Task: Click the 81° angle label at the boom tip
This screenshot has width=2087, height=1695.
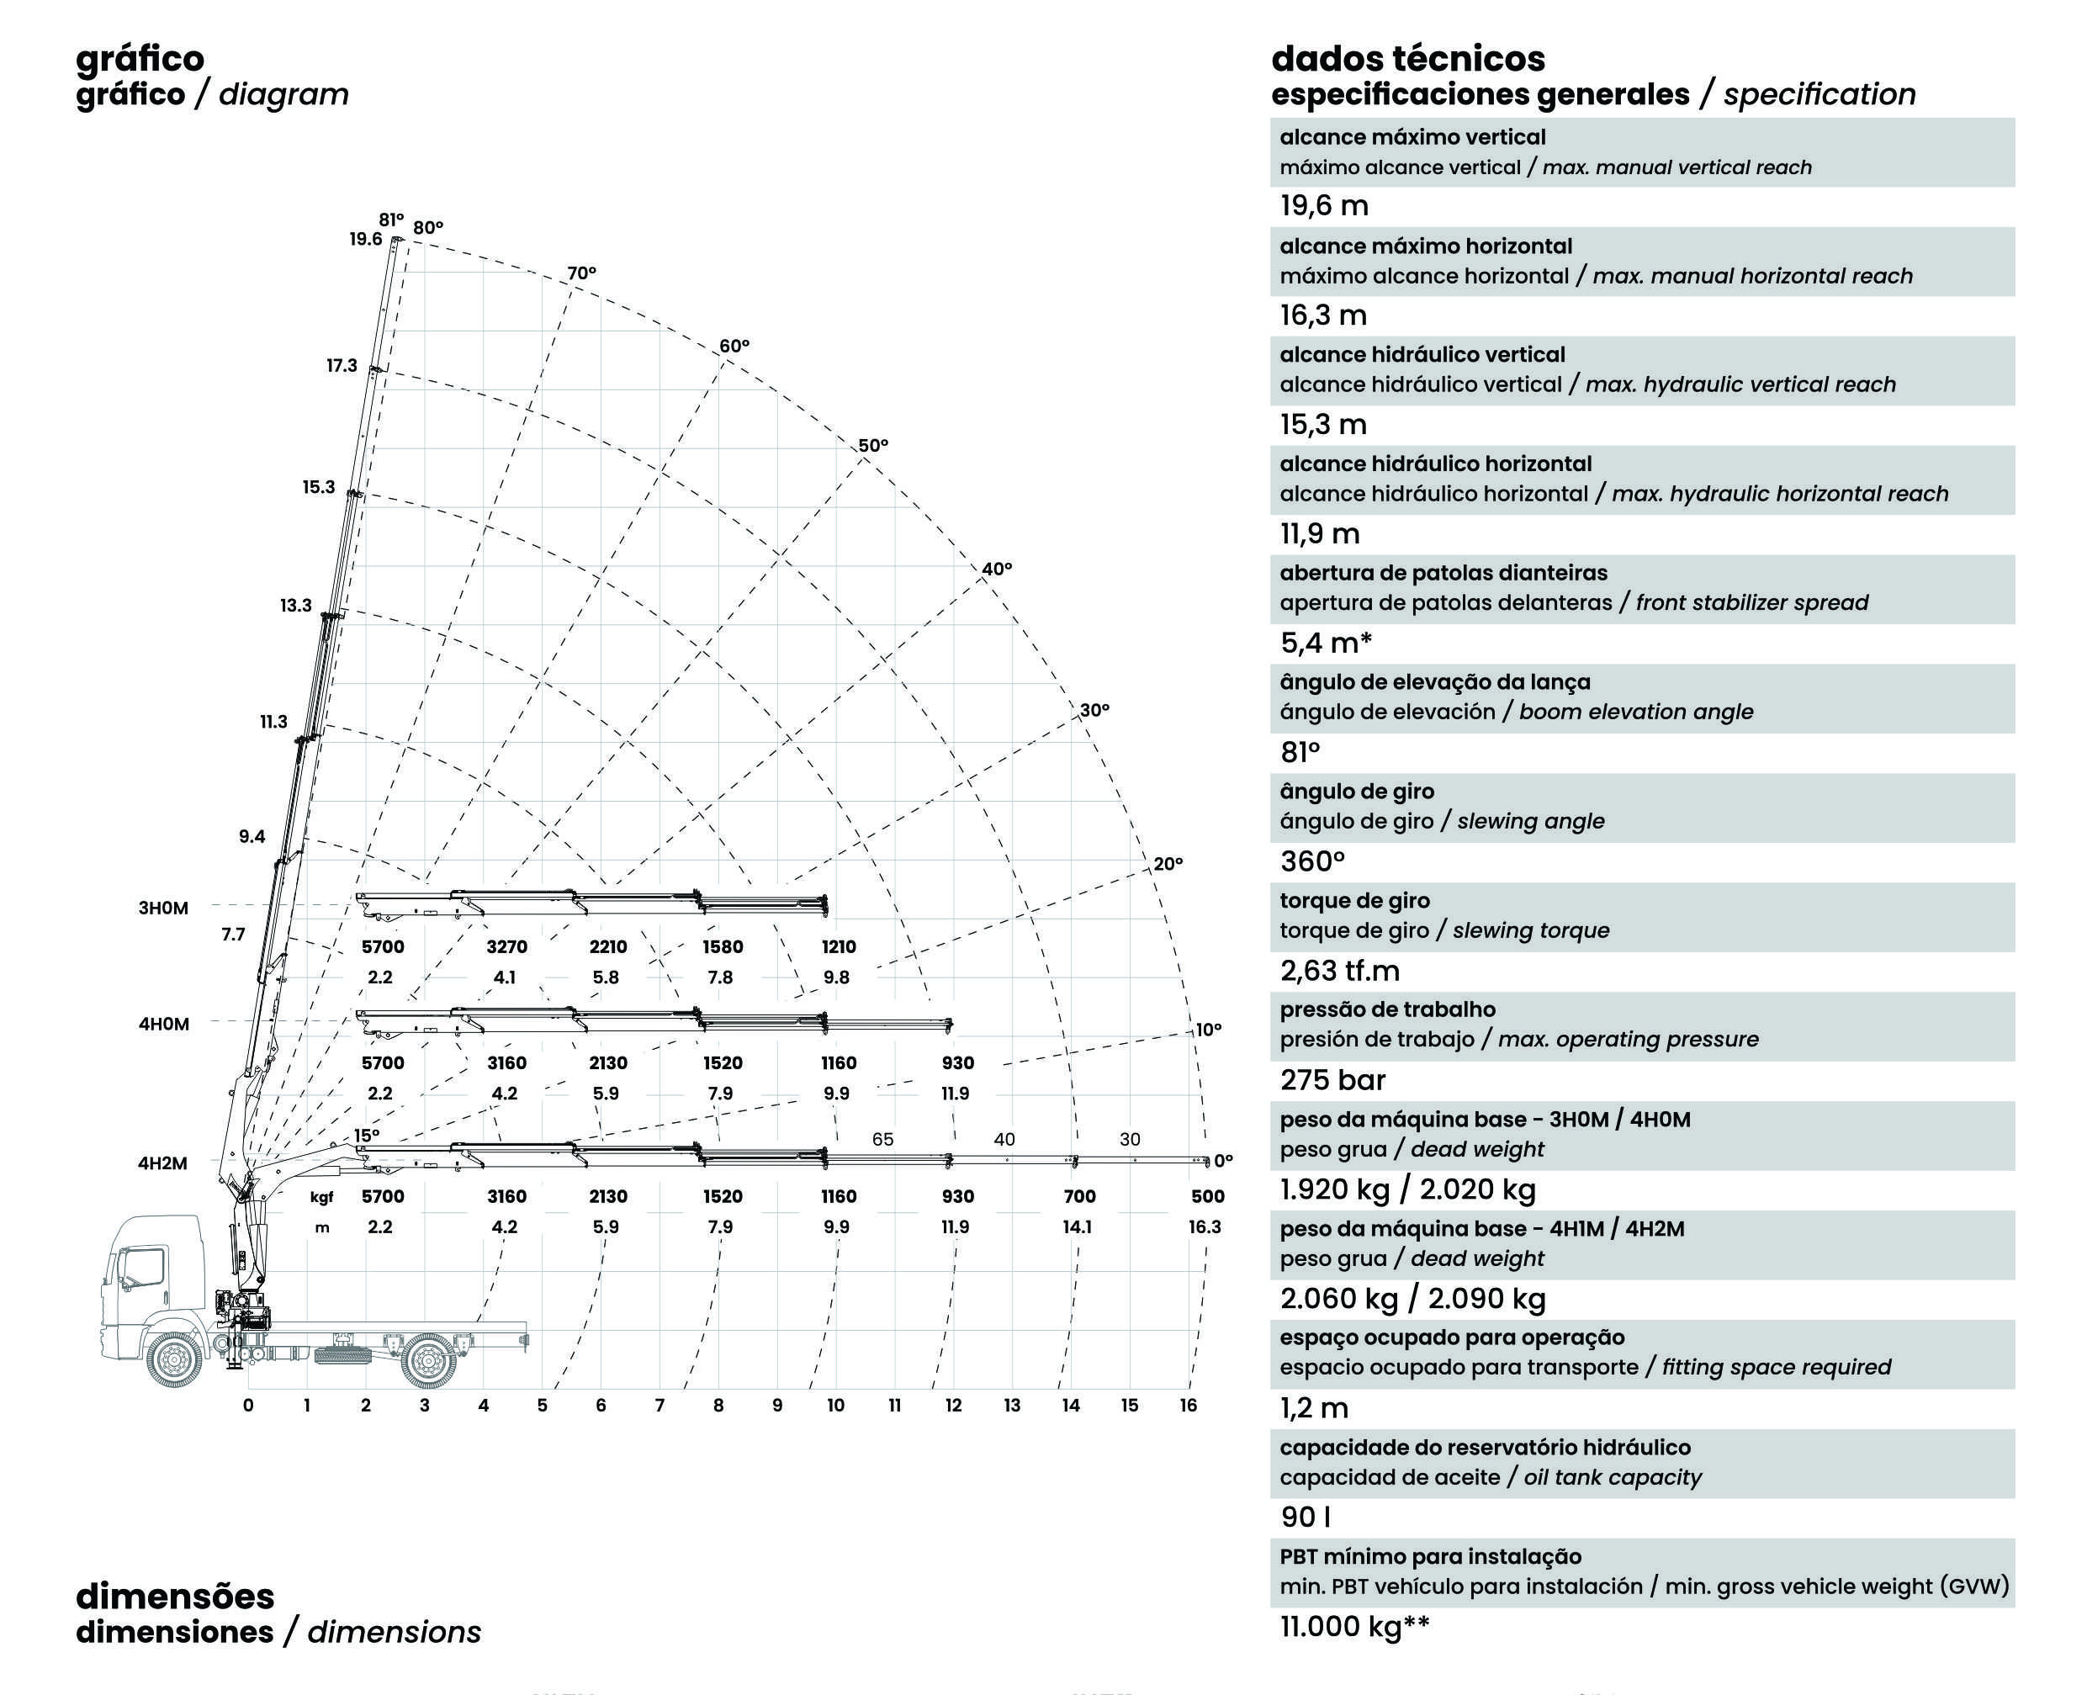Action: click(390, 220)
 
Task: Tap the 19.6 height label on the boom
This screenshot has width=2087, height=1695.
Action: click(366, 239)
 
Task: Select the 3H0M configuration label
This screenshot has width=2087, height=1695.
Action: click(163, 908)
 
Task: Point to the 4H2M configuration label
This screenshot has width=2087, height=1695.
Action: click(162, 1164)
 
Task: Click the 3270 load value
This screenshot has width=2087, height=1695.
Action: click(506, 947)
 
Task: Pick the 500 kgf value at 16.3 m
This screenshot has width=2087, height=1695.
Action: click(1207, 1197)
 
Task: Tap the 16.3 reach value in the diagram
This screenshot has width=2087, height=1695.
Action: click(1205, 1227)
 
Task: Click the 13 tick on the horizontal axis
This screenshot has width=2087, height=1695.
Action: click(1012, 1406)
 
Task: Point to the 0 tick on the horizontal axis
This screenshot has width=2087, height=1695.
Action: click(248, 1406)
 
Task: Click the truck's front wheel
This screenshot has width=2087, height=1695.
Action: click(176, 1359)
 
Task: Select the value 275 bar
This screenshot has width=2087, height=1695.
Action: click(1332, 1081)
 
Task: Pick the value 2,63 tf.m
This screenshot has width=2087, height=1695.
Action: click(1339, 972)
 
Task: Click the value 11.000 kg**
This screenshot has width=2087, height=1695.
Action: click(1354, 1627)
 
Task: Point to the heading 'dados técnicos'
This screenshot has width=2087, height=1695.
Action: click(1407, 59)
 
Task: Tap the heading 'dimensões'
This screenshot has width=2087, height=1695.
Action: click(175, 1597)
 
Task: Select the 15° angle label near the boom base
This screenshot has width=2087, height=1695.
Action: click(366, 1136)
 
